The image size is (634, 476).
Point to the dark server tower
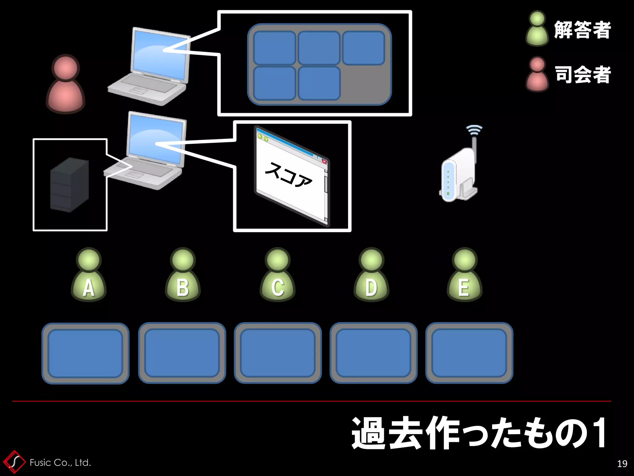70,185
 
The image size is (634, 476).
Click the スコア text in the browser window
288,175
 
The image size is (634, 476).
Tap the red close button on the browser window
324,161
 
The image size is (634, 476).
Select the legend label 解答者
582,30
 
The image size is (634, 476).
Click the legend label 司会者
582,75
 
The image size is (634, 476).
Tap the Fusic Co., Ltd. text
60,463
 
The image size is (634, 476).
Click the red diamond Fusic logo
14,462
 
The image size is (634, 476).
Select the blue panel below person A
85,353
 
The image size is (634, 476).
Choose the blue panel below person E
469,353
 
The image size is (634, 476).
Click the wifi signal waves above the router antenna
474,130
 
